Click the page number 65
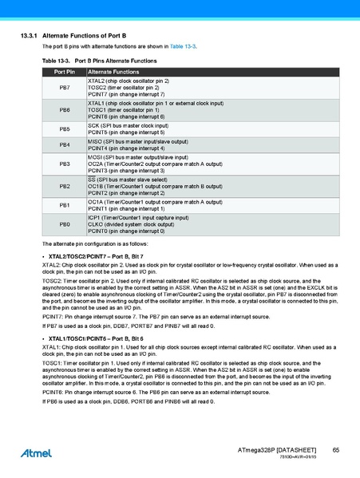(x=336, y=451)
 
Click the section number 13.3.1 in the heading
(x=30, y=38)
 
